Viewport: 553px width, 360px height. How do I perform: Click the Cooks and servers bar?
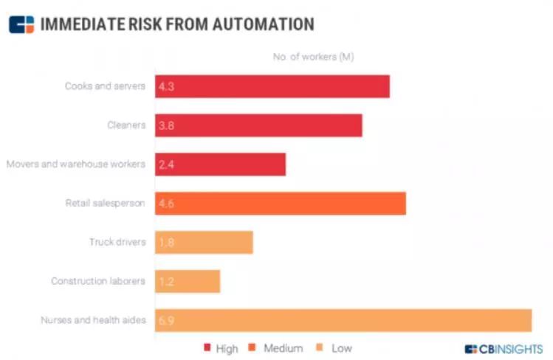[x=272, y=86]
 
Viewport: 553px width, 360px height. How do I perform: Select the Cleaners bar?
[x=258, y=125]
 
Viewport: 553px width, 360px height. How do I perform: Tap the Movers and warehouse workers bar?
[x=220, y=165]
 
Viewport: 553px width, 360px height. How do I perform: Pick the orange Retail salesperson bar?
[x=281, y=204]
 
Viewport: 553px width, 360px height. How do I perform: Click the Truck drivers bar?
[x=204, y=243]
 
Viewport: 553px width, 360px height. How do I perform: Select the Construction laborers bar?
[x=188, y=281]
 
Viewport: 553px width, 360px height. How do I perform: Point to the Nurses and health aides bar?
[x=343, y=320]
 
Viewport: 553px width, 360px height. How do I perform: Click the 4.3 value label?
[x=166, y=86]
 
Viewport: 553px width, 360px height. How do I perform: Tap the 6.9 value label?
[x=166, y=321]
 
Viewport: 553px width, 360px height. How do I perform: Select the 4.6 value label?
[x=166, y=204]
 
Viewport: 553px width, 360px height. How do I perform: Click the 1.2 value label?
[x=166, y=281]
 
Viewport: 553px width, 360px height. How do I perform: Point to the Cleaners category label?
[x=126, y=125]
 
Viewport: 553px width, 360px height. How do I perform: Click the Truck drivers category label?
[x=117, y=242]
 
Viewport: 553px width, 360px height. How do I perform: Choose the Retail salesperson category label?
[x=106, y=203]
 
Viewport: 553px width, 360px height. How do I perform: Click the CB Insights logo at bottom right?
[x=504, y=349]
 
